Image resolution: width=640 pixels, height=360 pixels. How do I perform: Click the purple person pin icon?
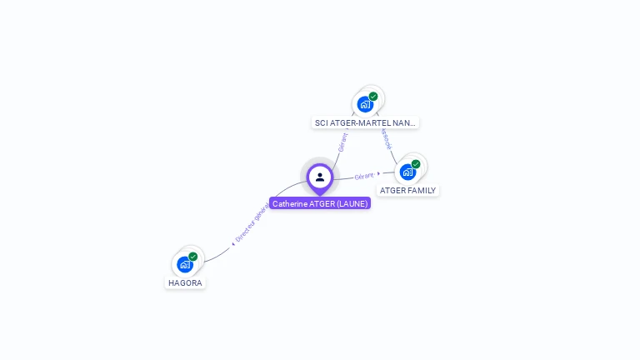click(320, 177)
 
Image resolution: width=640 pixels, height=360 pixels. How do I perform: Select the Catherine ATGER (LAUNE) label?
click(320, 203)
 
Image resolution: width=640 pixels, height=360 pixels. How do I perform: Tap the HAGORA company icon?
click(185, 264)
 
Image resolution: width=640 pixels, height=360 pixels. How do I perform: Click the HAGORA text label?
click(185, 282)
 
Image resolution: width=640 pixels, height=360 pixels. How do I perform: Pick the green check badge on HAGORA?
click(193, 257)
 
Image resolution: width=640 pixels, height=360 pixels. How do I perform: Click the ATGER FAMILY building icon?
click(407, 172)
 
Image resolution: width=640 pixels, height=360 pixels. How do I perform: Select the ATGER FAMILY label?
click(407, 190)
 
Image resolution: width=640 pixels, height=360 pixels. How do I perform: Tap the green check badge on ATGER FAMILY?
click(416, 164)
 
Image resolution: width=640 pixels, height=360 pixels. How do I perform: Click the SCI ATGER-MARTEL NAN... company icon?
click(364, 104)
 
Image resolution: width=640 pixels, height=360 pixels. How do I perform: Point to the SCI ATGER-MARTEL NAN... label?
click(365, 122)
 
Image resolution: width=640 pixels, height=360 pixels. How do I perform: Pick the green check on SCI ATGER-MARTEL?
click(373, 97)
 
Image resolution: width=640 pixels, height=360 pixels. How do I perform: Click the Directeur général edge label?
click(252, 225)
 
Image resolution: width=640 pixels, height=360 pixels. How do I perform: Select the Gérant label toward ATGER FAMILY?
click(364, 176)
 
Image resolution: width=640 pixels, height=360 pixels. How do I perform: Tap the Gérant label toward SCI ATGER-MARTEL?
click(342, 142)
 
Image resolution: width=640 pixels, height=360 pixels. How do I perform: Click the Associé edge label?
click(386, 138)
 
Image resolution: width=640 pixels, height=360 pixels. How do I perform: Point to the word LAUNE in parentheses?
click(351, 203)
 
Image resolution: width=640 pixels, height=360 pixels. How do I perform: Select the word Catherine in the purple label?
click(289, 203)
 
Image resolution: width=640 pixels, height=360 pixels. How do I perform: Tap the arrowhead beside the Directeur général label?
click(233, 244)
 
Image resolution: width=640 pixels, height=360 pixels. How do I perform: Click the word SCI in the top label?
click(321, 122)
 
